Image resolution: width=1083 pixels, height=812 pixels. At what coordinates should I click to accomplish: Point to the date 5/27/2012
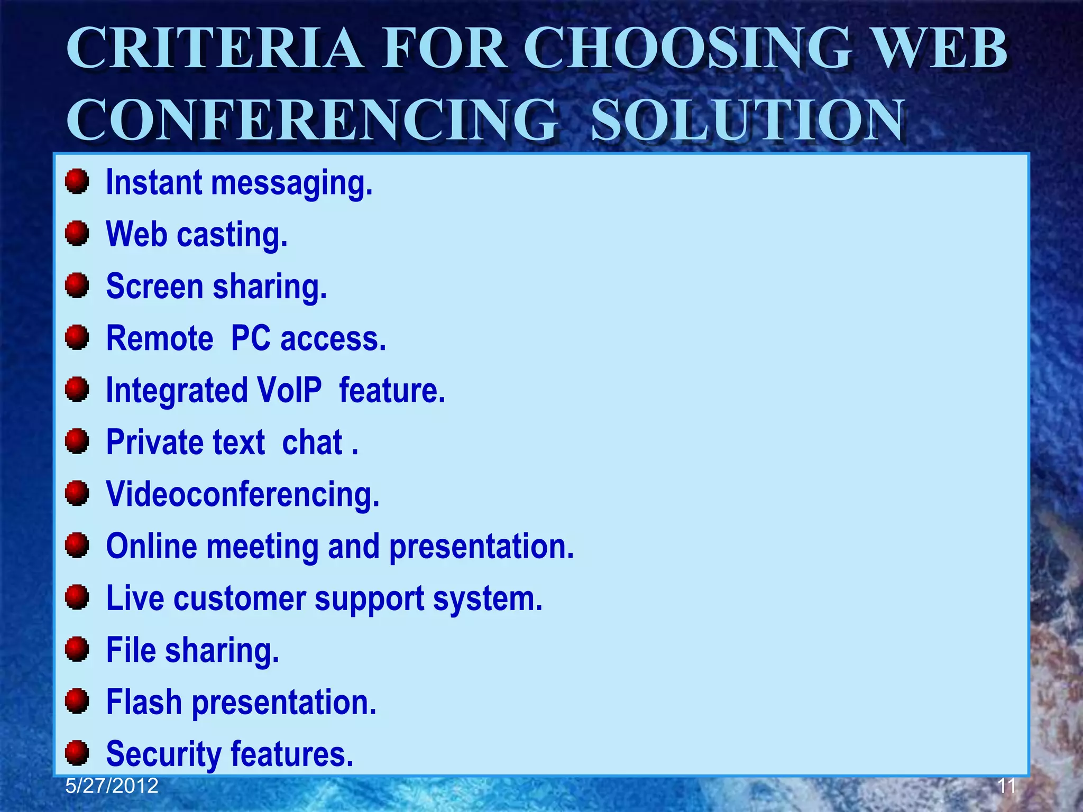[112, 786]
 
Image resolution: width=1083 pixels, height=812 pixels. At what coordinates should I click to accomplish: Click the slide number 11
[1006, 786]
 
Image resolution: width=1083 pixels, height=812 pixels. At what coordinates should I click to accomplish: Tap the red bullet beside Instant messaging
[77, 182]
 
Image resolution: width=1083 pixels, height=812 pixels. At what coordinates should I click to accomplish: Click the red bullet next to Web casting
[77, 234]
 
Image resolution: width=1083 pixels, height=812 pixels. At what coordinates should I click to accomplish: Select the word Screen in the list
[154, 286]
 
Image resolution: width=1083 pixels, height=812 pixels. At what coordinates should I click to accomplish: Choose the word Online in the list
[151, 546]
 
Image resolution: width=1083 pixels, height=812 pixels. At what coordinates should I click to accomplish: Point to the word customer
[240, 598]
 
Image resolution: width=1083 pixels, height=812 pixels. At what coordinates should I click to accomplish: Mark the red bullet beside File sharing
[77, 649]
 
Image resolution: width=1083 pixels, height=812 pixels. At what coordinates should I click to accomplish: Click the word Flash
[144, 702]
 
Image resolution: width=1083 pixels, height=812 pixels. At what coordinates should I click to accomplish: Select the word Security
[163, 754]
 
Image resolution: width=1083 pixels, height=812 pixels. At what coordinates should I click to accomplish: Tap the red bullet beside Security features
[77, 753]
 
